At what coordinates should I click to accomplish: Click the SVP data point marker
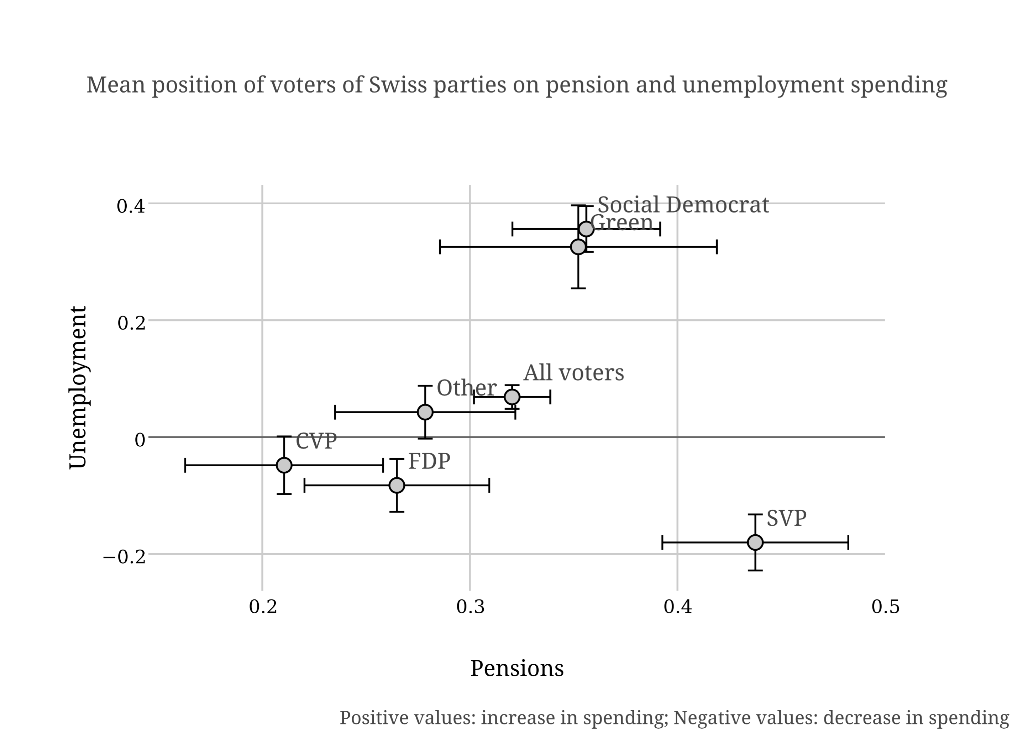755,543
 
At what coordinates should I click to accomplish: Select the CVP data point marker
284,465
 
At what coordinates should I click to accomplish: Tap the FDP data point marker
397,486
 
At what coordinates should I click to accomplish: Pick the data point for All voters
512,397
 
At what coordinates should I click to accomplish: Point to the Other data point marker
425,412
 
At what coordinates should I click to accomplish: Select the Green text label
622,223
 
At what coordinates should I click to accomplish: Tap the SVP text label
786,518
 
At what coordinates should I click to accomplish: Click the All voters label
573,373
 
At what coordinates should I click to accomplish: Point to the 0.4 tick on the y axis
131,206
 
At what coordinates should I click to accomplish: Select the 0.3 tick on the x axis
470,607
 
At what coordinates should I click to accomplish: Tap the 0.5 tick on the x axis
885,607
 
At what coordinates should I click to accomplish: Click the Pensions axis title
516,669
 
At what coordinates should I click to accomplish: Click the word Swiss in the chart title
391,85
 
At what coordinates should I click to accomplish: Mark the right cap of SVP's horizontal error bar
848,543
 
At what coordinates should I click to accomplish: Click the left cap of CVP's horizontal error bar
185,465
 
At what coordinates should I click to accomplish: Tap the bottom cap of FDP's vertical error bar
397,512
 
